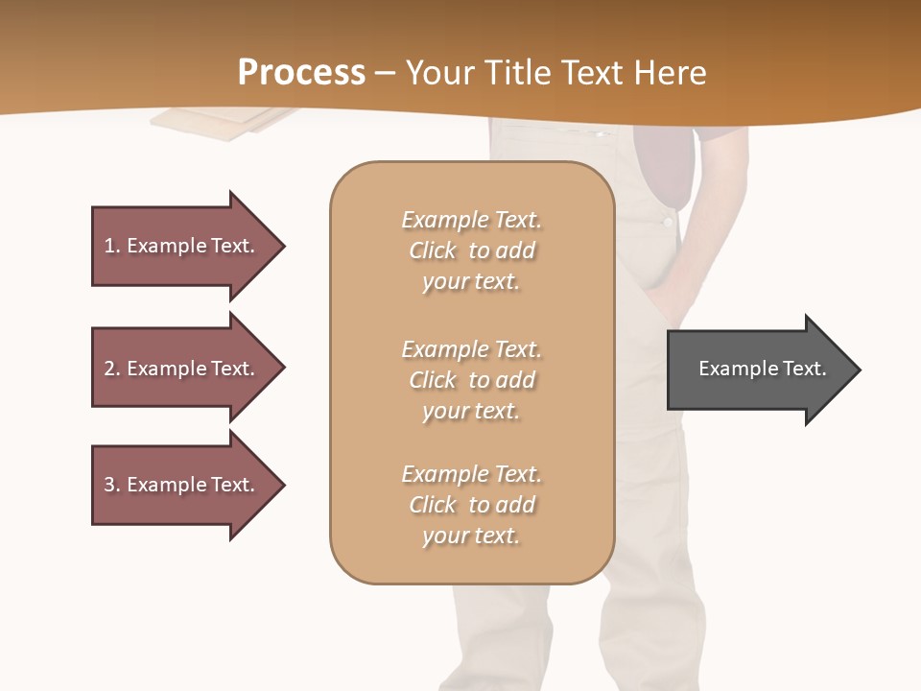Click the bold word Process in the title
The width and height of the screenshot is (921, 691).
coord(301,72)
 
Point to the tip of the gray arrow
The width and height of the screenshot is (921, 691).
coord(859,369)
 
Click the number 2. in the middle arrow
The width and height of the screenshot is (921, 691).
coord(112,369)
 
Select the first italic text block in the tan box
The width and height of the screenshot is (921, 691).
coord(471,250)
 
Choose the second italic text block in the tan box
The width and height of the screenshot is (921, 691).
coord(471,379)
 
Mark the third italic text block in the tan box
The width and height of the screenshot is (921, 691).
coord(471,505)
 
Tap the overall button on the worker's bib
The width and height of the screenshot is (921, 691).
coord(668,221)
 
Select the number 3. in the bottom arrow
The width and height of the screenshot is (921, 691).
coord(112,485)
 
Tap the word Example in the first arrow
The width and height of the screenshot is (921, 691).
coord(166,246)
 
